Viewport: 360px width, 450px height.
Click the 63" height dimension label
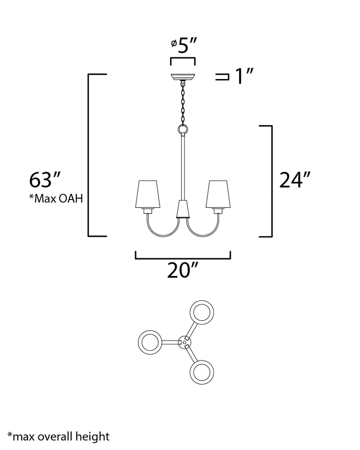click(x=44, y=180)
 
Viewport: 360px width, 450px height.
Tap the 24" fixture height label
click(x=295, y=180)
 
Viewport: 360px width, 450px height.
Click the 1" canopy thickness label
click(x=244, y=77)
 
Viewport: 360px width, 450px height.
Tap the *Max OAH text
click(x=56, y=198)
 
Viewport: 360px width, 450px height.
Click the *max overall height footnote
click(x=58, y=436)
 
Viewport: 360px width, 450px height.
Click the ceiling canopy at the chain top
click(x=183, y=78)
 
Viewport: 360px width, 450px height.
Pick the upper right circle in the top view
click(x=201, y=313)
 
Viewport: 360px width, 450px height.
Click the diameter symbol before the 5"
click(x=174, y=43)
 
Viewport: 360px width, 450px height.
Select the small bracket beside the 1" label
click(x=222, y=77)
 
